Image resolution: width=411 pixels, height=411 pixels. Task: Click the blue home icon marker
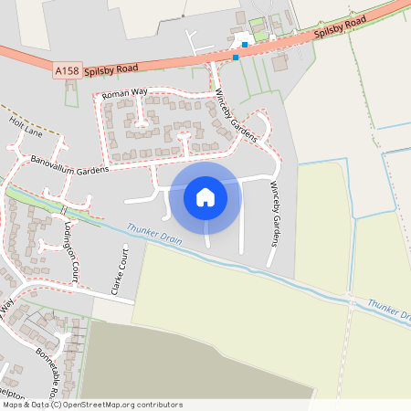click(x=205, y=196)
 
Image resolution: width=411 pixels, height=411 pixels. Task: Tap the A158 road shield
click(x=66, y=69)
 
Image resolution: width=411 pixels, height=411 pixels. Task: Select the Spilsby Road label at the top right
click(x=339, y=27)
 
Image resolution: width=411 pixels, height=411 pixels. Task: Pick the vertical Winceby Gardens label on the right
click(x=273, y=214)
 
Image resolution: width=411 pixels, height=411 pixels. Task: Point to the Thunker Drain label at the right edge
click(x=389, y=310)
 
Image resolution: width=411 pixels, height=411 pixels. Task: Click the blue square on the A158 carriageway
click(x=236, y=57)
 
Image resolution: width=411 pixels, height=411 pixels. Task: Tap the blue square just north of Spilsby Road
click(x=245, y=44)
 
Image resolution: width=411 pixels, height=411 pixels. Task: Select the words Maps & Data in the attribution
click(x=25, y=405)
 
